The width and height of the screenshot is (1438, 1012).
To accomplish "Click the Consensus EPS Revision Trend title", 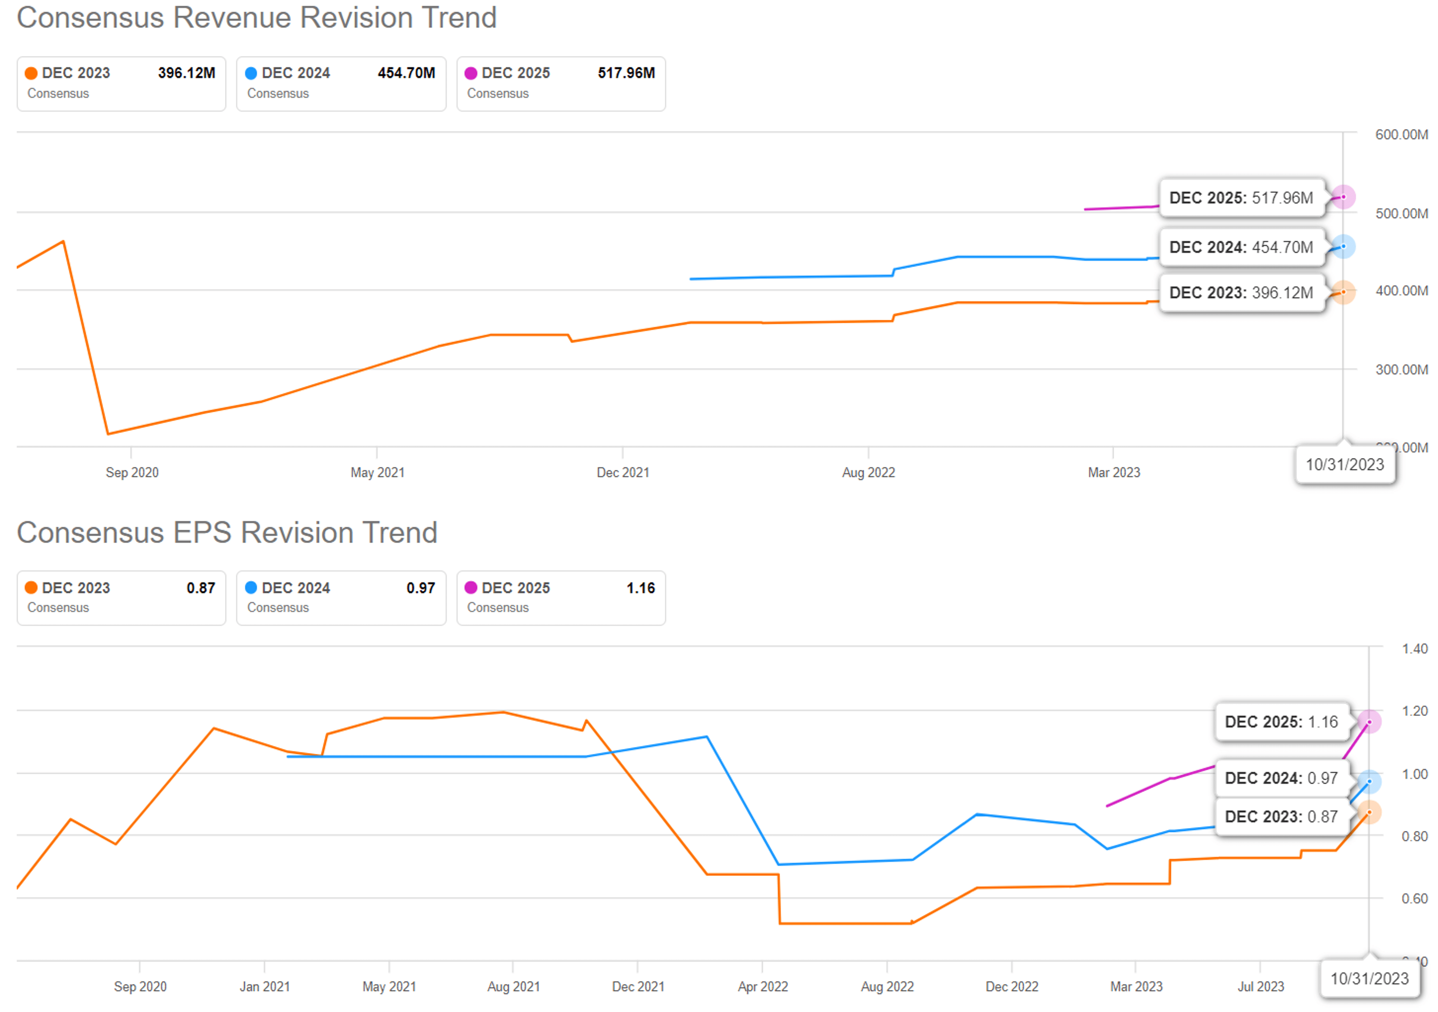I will coord(227,533).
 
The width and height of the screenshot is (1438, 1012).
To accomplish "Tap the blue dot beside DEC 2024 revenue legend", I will coord(251,73).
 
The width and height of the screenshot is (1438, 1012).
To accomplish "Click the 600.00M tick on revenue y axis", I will coord(1401,134).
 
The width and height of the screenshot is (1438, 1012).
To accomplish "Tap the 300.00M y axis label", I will coord(1401,369).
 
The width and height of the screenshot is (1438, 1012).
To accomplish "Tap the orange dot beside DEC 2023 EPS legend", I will coord(31,587).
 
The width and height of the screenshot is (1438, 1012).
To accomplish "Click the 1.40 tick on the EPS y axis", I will coord(1414,649).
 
